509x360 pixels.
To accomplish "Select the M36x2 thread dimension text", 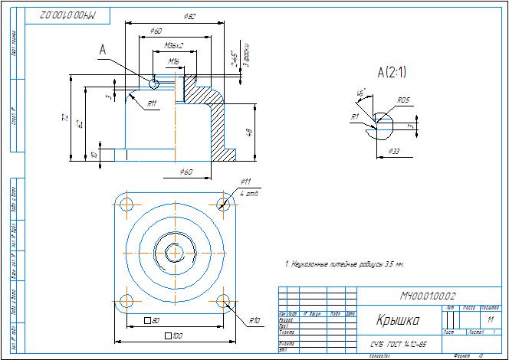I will pyautogui.click(x=163, y=45).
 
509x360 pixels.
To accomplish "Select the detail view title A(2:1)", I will pyautogui.click(x=391, y=73).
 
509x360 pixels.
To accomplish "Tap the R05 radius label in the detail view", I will pyautogui.click(x=403, y=100).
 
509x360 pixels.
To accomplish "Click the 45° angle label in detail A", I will pyautogui.click(x=360, y=93).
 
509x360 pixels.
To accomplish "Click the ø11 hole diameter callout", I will pyautogui.click(x=245, y=182).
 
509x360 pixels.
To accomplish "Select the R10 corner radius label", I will pyautogui.click(x=254, y=320).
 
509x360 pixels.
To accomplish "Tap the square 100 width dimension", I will pyautogui.click(x=173, y=335).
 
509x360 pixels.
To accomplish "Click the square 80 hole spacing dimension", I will pyautogui.click(x=151, y=319).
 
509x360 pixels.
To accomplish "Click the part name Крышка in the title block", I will pyautogui.click(x=397, y=319).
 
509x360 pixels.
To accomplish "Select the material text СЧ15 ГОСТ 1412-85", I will pyautogui.click(x=398, y=345).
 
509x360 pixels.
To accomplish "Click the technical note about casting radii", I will pyautogui.click(x=344, y=263).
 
